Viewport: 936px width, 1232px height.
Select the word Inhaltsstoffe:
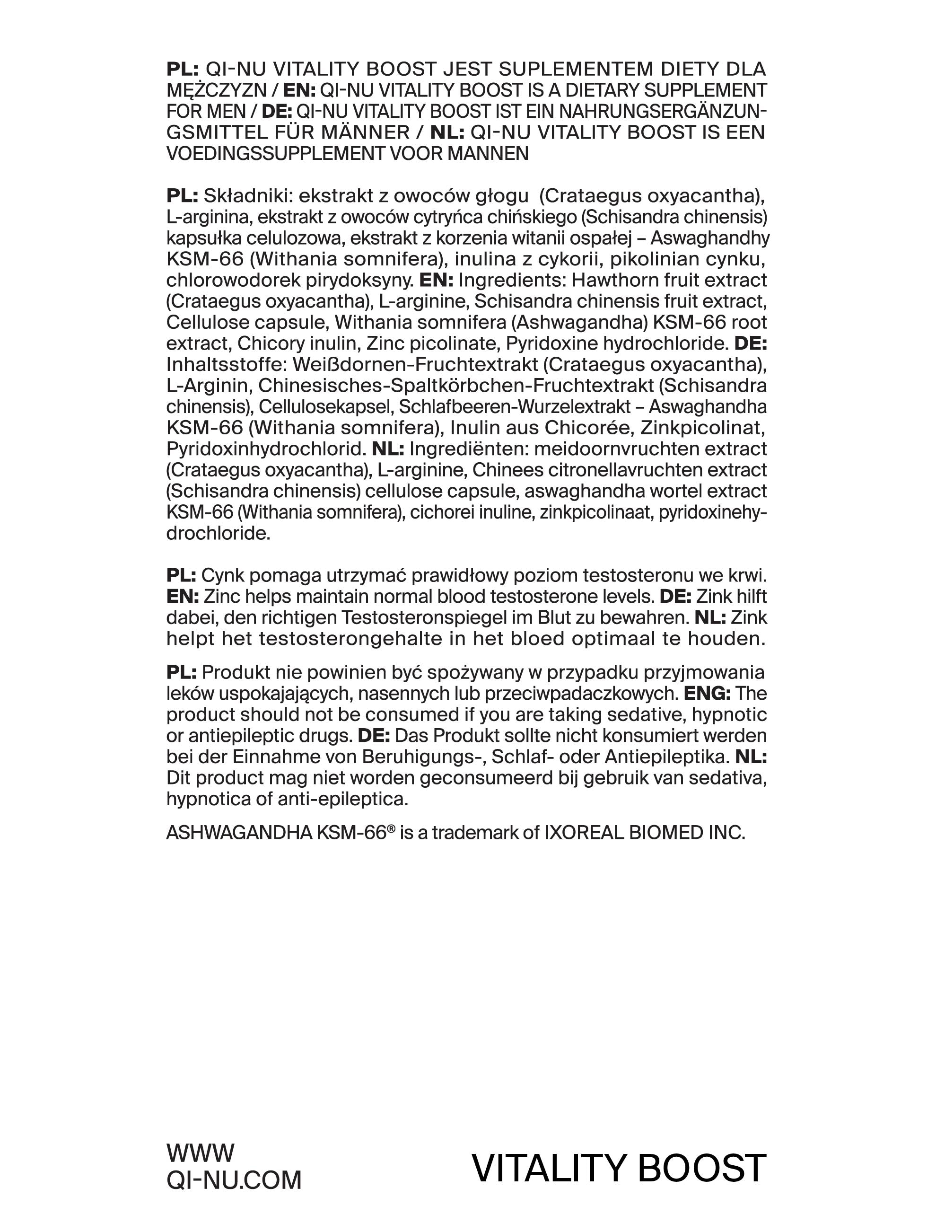[226, 365]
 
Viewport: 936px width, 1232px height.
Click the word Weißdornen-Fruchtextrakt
[415, 365]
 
